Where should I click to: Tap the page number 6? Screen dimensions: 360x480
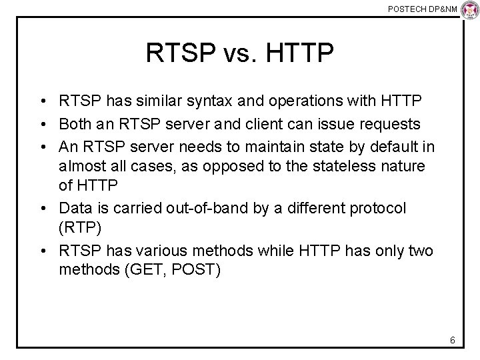(452, 341)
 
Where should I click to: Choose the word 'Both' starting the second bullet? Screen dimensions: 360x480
(73, 123)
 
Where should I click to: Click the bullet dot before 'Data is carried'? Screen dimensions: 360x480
(42, 209)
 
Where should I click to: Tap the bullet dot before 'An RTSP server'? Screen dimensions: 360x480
(42, 145)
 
